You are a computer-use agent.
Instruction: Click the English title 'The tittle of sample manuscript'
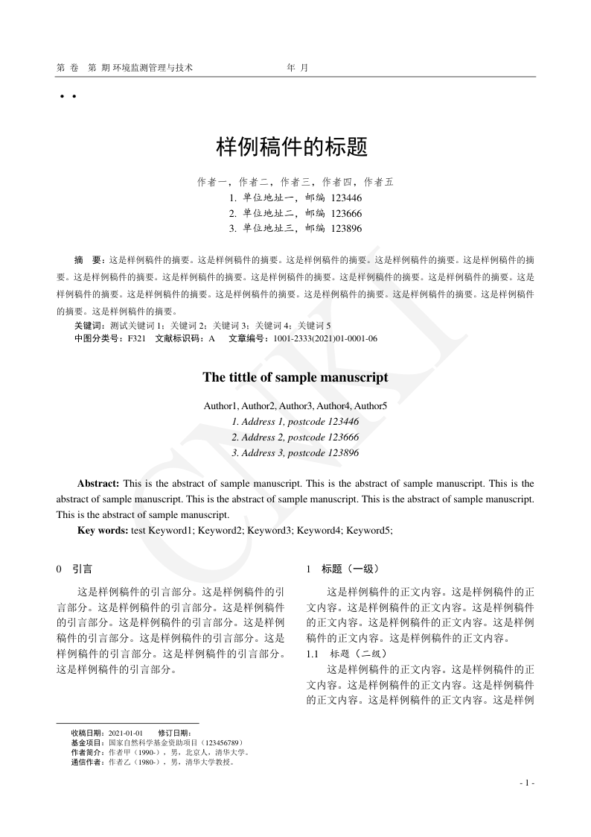(x=295, y=377)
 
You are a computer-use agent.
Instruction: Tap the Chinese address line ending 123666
(x=295, y=213)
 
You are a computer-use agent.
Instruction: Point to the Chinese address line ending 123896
(x=295, y=228)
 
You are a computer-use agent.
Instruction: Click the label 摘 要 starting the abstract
(x=89, y=261)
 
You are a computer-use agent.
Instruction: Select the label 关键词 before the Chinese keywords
(x=89, y=326)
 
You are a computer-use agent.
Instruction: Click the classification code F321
(x=136, y=338)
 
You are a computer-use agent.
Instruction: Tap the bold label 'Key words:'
(x=103, y=530)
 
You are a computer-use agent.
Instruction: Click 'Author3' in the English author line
(x=295, y=405)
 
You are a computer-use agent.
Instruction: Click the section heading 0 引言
(x=74, y=569)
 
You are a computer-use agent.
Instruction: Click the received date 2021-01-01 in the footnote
(x=126, y=733)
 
